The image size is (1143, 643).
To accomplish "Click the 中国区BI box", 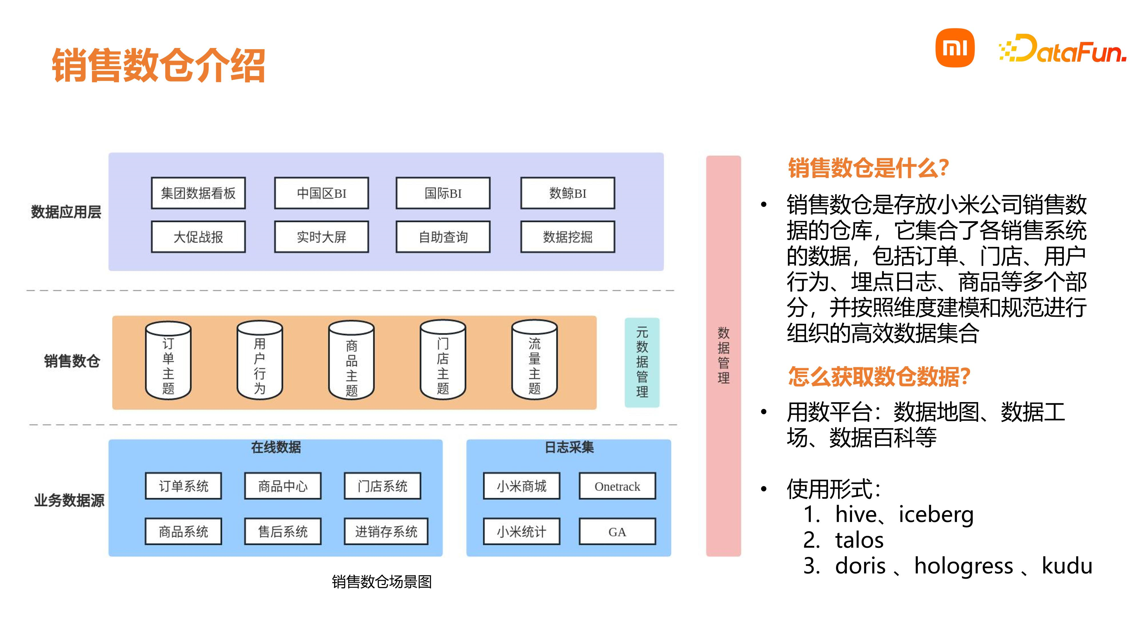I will (x=321, y=193).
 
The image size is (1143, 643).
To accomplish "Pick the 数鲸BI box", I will (x=568, y=193).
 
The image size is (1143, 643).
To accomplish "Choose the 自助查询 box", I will (x=443, y=237).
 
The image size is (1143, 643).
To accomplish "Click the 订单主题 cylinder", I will (x=168, y=360).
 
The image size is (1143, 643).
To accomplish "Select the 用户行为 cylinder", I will (x=260, y=360).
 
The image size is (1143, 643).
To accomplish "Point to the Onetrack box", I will (x=617, y=486).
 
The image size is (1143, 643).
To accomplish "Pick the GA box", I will (x=617, y=532).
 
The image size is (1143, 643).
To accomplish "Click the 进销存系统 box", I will (x=386, y=532).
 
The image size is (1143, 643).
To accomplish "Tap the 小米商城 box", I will (x=521, y=486).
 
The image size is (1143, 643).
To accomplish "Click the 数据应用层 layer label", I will (x=66, y=212).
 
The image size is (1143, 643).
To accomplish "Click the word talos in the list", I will (x=859, y=540).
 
